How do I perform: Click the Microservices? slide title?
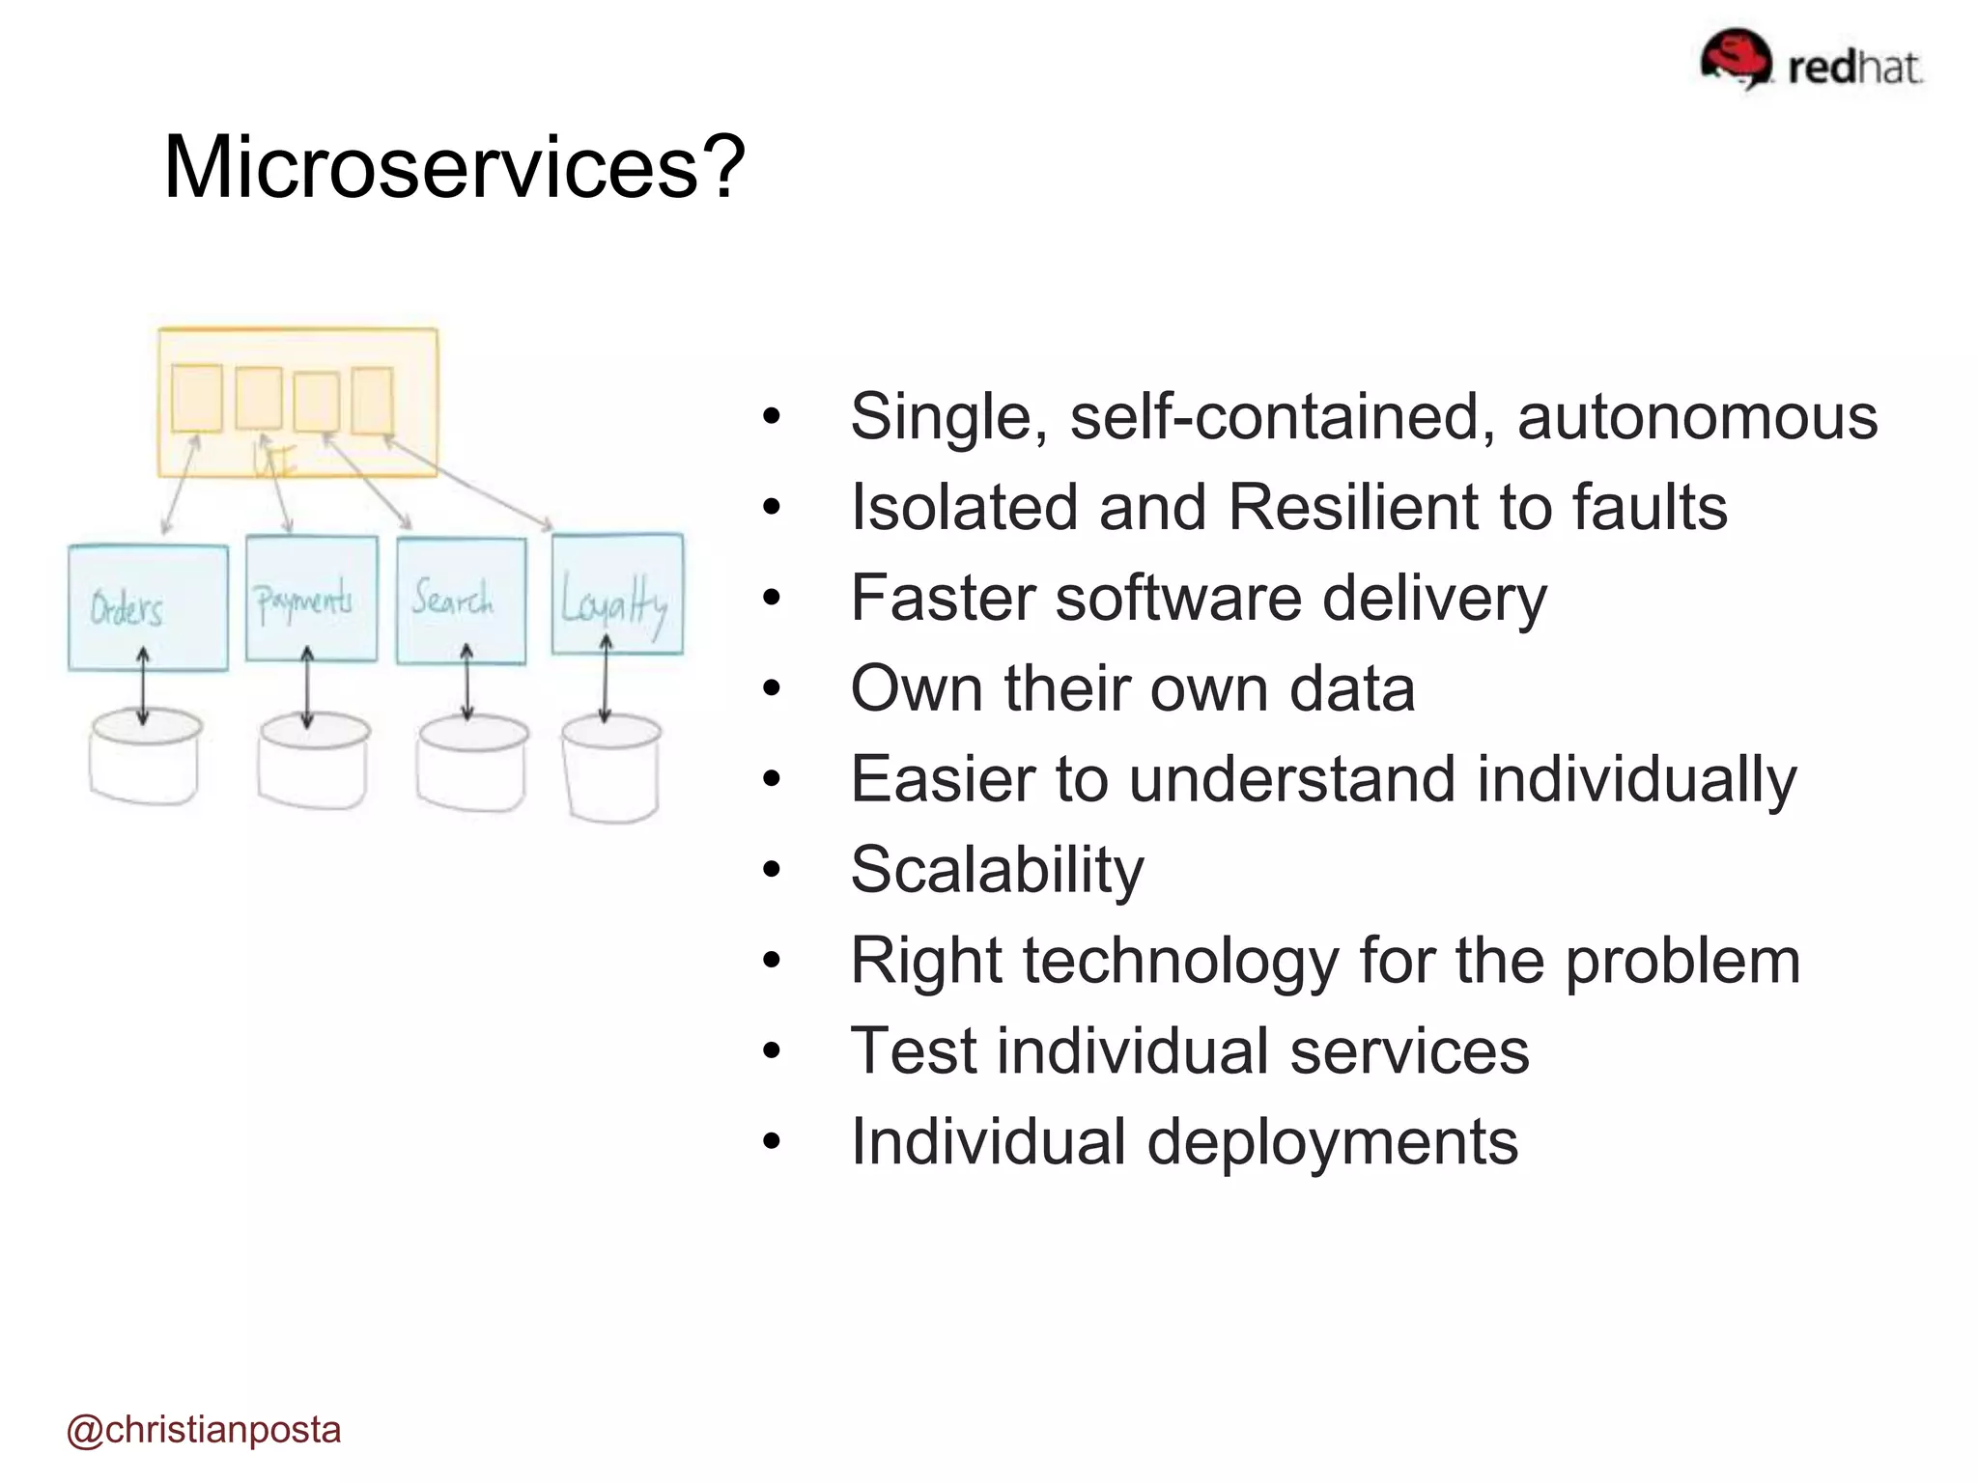click(x=454, y=167)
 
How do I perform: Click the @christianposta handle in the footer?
click(x=204, y=1429)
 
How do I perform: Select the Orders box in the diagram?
click(x=148, y=606)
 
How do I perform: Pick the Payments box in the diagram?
click(x=311, y=599)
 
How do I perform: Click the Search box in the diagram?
click(x=461, y=601)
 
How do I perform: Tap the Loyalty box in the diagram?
click(x=617, y=594)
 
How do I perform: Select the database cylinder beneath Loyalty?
click(x=611, y=772)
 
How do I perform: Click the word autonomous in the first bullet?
click(x=1697, y=417)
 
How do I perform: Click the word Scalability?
click(x=997, y=869)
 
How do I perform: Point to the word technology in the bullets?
click(x=1180, y=961)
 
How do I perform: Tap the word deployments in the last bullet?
click(x=1332, y=1141)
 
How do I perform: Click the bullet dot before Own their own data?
click(x=770, y=689)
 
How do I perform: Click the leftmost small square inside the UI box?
click(x=197, y=398)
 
